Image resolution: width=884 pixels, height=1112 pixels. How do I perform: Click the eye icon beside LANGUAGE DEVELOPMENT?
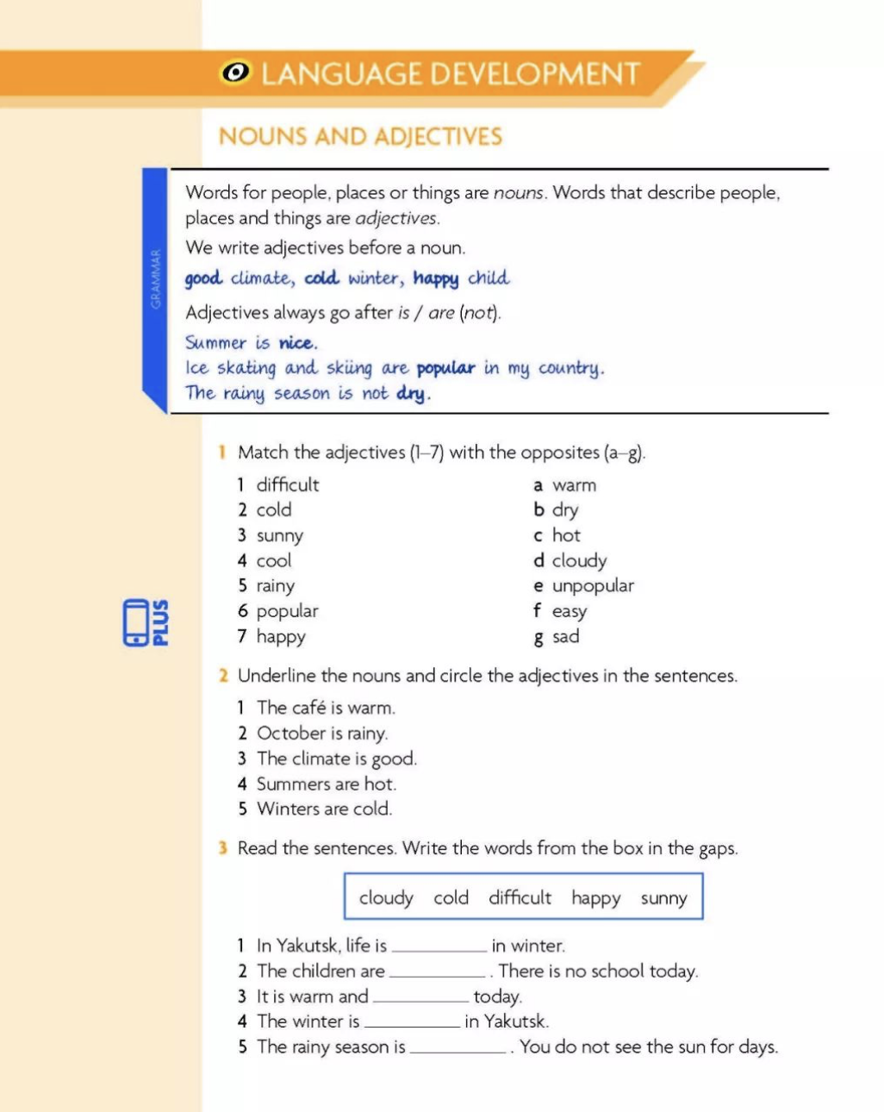point(235,73)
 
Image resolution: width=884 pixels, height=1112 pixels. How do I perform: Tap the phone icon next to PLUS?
point(136,622)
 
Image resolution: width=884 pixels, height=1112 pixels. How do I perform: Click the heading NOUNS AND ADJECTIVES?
point(360,136)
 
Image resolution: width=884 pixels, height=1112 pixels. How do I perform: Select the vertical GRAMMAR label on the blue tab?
point(155,279)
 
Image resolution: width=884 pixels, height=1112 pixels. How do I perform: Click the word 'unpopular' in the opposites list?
point(593,586)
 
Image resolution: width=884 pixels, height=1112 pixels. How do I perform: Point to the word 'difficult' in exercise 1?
point(288,485)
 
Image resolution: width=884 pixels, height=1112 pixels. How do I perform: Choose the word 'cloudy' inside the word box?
point(386,898)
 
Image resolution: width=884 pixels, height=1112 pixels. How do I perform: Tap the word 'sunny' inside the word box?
point(663,898)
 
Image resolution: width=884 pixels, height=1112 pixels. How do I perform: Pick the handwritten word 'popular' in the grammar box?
point(445,369)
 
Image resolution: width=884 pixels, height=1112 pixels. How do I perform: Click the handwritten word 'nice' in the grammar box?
point(296,343)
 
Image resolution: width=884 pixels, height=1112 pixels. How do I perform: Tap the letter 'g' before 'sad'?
point(538,638)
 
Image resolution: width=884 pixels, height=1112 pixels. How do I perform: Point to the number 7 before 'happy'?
point(242,637)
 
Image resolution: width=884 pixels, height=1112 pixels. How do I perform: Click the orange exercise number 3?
point(222,848)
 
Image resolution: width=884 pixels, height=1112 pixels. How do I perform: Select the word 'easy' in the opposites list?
point(570,612)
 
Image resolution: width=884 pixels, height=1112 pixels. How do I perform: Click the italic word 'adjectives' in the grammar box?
point(396,218)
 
